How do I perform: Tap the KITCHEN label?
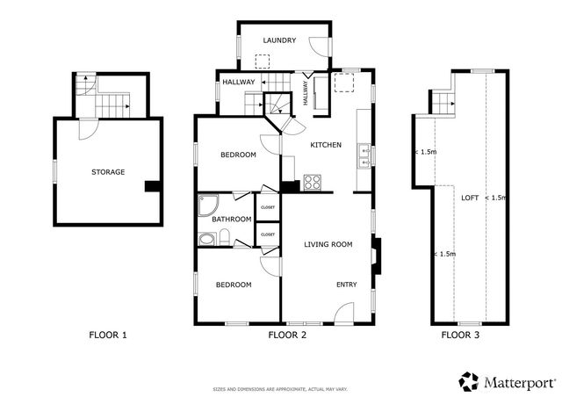click(325, 145)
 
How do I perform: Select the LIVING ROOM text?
click(328, 244)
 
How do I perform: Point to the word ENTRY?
click(347, 285)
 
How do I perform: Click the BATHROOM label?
click(231, 219)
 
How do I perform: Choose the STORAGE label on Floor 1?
click(109, 172)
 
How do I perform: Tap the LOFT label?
click(470, 198)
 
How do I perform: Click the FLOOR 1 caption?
click(109, 335)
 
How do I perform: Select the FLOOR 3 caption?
click(461, 335)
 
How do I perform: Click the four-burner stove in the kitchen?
click(313, 183)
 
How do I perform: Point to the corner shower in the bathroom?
click(208, 206)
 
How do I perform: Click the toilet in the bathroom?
click(225, 236)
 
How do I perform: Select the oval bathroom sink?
click(206, 238)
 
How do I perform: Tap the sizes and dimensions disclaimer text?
click(280, 388)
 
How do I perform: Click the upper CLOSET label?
click(268, 207)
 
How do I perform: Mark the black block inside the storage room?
click(152, 185)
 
